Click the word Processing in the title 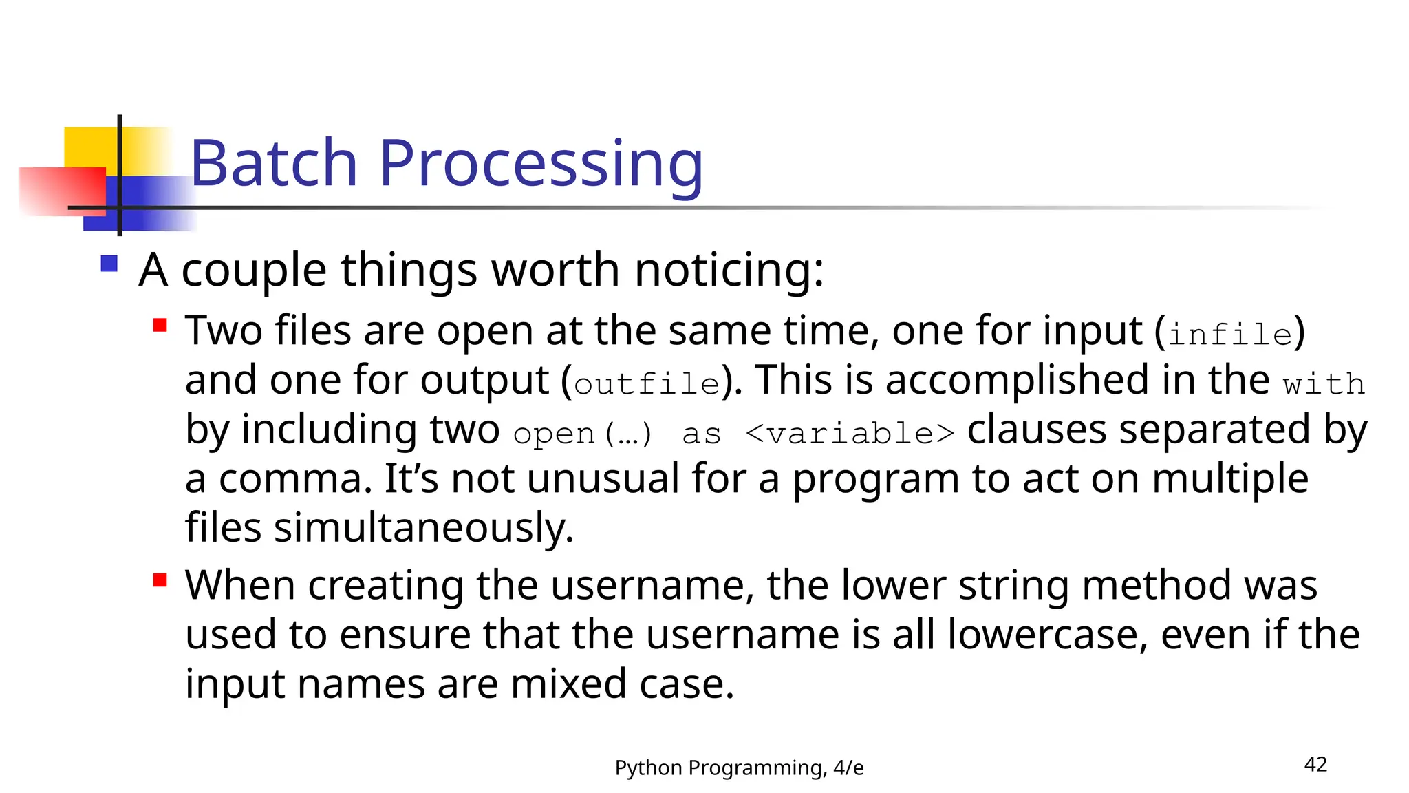pyautogui.click(x=541, y=165)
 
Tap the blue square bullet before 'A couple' pyautogui.click(x=109, y=264)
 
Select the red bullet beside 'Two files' pyautogui.click(x=160, y=325)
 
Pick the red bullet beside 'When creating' pyautogui.click(x=160, y=580)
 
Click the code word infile pyautogui.click(x=1230, y=335)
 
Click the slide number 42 pyautogui.click(x=1315, y=764)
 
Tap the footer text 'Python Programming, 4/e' pyautogui.click(x=739, y=768)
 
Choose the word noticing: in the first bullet pyautogui.click(x=729, y=269)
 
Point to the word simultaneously pyautogui.click(x=423, y=528)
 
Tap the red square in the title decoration pyautogui.click(x=62, y=191)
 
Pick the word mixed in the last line pyautogui.click(x=568, y=684)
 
